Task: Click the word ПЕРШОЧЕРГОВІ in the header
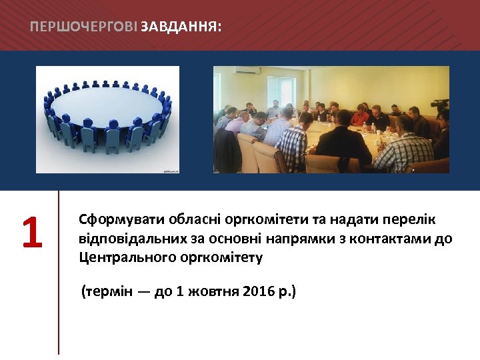[84, 27]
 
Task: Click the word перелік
[411, 220]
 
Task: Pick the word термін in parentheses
[108, 292]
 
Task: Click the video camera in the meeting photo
[440, 105]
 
